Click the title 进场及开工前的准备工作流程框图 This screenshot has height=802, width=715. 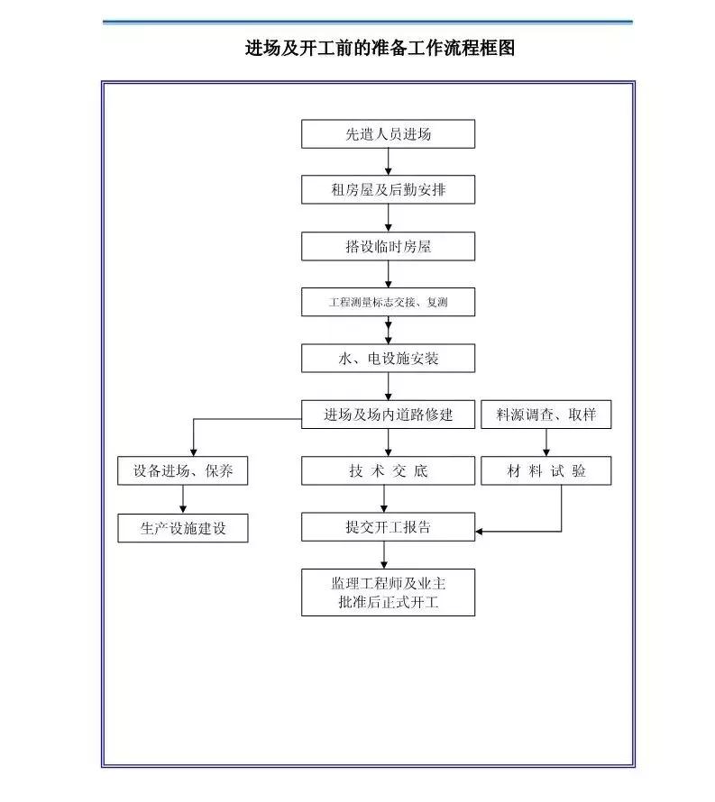click(x=380, y=49)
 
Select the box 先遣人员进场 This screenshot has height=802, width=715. click(x=388, y=134)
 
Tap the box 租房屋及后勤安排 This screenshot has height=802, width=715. click(x=388, y=190)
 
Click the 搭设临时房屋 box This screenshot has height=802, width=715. click(x=388, y=247)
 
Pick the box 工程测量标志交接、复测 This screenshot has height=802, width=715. click(x=388, y=303)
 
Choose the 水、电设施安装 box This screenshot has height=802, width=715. click(x=388, y=359)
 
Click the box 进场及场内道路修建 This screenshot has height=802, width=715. click(x=388, y=415)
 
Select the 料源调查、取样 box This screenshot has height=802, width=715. click(x=546, y=415)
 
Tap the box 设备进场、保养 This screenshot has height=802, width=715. click(x=183, y=470)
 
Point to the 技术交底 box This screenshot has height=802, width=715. click(x=388, y=470)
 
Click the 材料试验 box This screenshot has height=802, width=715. click(x=546, y=470)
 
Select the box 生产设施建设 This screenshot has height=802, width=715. click(x=183, y=528)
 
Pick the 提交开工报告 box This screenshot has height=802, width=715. click(x=388, y=527)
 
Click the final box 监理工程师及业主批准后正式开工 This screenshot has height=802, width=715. click(x=388, y=592)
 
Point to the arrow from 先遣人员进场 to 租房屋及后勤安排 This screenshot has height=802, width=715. click(x=389, y=162)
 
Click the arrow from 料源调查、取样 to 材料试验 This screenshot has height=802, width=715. click(x=546, y=442)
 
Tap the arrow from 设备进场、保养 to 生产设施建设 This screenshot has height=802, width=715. click(x=183, y=499)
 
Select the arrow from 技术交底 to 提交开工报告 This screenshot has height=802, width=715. click(x=385, y=498)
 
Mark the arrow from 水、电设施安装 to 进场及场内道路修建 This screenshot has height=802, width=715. click(x=389, y=387)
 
